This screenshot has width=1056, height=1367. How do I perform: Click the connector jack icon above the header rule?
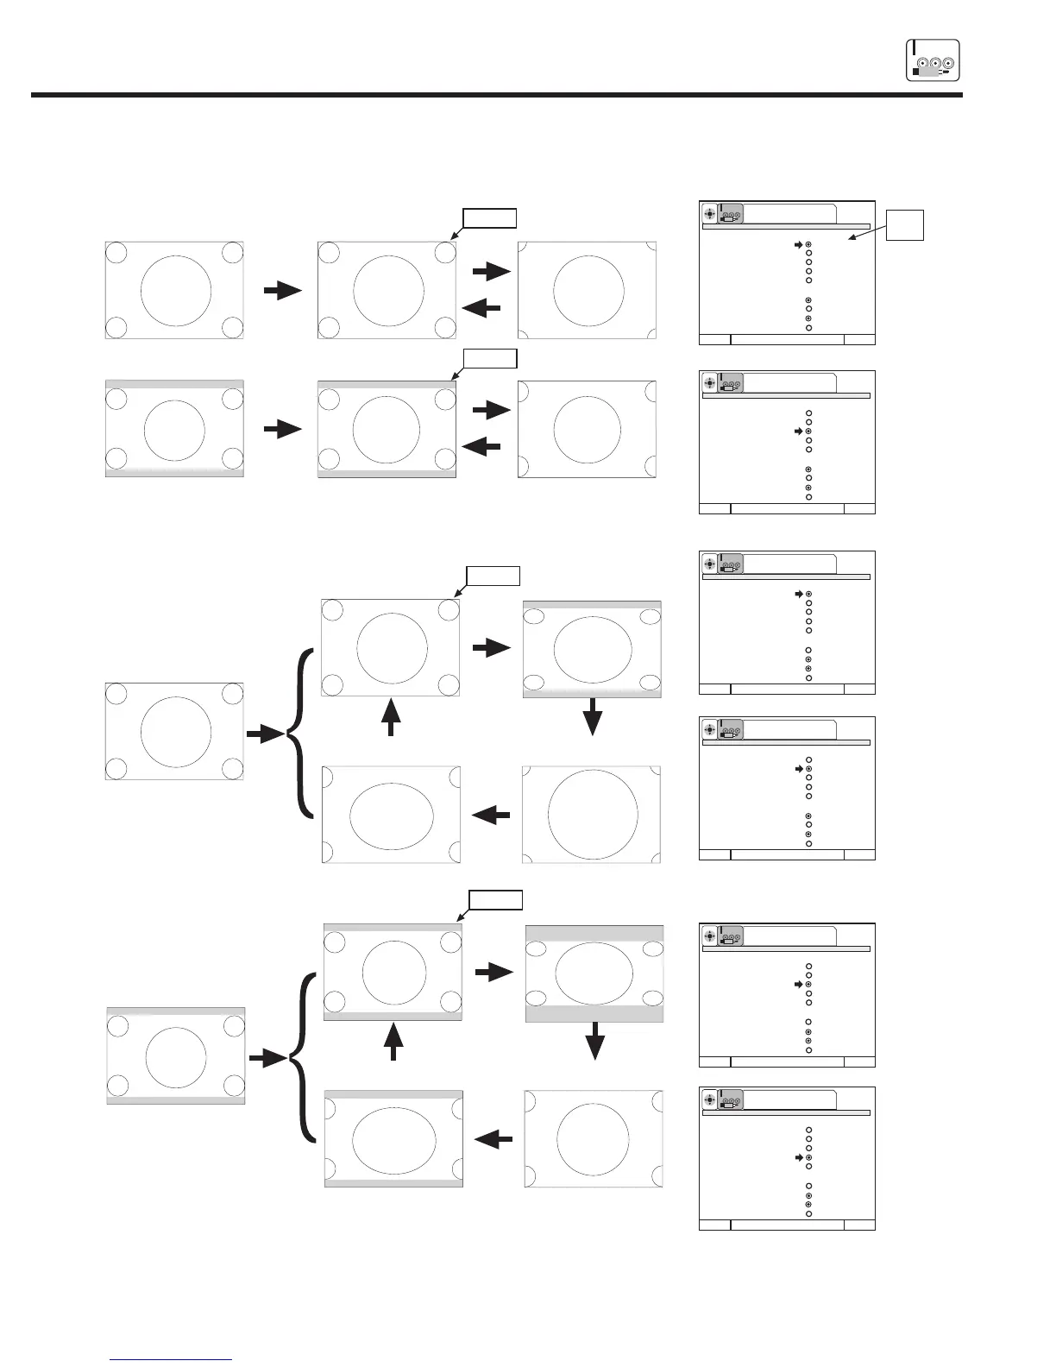pos(933,60)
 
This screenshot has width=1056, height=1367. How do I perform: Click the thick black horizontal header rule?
pos(496,95)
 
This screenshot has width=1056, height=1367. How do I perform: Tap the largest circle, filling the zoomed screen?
pos(593,813)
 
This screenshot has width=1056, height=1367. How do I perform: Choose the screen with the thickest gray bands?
pos(594,973)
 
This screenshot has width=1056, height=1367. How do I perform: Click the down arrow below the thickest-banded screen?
pos(594,1046)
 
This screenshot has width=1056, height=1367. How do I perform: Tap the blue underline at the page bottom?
pos(172,1359)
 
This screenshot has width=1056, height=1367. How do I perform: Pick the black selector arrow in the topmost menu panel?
pos(799,245)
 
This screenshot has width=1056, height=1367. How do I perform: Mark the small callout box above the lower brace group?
pos(496,900)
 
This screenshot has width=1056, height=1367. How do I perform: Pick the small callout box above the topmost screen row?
pos(490,217)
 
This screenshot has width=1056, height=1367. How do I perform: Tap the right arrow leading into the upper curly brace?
pos(265,734)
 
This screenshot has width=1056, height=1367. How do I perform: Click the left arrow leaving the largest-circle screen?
pos(492,814)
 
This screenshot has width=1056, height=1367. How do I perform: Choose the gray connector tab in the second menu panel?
pos(730,385)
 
